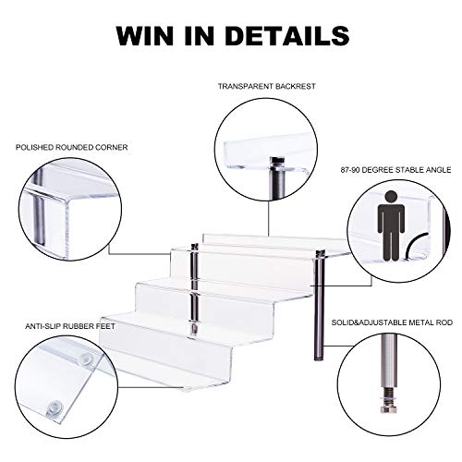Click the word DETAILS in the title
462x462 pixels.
[x=287, y=36]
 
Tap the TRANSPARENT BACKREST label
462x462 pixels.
[x=267, y=86]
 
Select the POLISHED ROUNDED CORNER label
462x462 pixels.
[x=72, y=148]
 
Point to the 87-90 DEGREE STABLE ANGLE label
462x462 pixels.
[x=395, y=170]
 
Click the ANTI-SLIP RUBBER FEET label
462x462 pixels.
[x=70, y=326]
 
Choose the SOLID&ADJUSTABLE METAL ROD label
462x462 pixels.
[x=392, y=322]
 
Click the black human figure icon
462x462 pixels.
[x=391, y=225]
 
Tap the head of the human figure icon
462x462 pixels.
[x=391, y=198]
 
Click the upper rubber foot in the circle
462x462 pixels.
[x=86, y=359]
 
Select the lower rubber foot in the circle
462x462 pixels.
[x=55, y=408]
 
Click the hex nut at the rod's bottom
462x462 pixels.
[x=386, y=409]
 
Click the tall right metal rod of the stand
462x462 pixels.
[x=319, y=306]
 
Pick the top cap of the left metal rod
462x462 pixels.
[x=195, y=247]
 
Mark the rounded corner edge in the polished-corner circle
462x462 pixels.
[x=67, y=201]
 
